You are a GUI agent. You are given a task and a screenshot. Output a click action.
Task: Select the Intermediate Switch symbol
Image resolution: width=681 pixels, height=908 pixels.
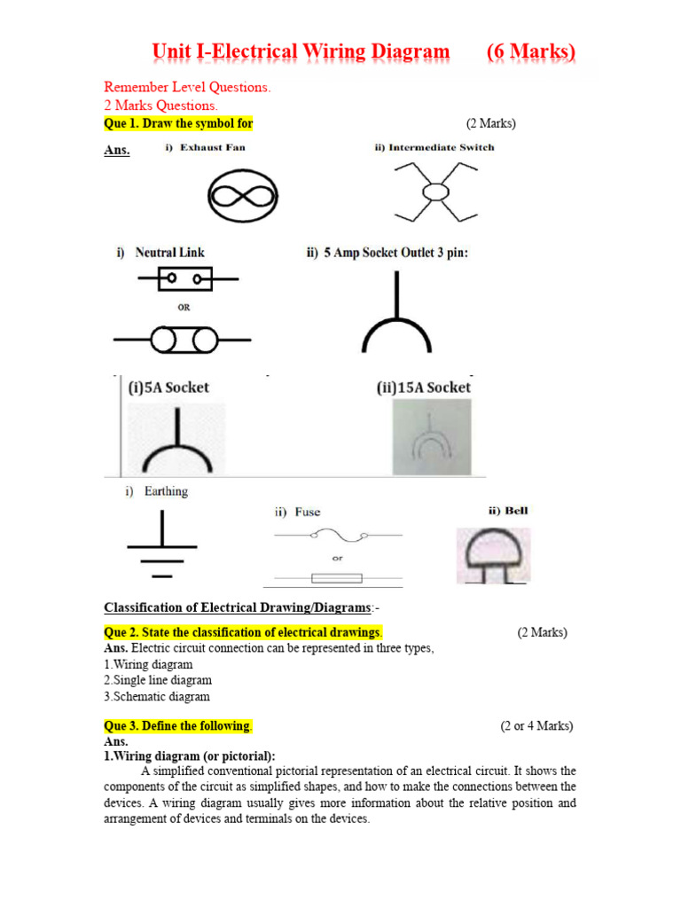(434, 192)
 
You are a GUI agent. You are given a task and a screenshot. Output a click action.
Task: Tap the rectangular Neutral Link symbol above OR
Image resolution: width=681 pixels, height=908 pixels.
(185, 280)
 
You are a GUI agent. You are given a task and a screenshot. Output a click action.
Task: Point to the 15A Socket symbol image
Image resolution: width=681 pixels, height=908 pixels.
(432, 436)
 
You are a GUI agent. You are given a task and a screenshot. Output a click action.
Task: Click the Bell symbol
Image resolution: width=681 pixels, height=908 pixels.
(493, 555)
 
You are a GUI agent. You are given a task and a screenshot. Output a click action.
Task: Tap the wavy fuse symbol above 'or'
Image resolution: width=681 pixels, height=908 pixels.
(337, 536)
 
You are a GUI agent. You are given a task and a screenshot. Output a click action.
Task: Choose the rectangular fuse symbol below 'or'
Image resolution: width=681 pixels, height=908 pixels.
(337, 578)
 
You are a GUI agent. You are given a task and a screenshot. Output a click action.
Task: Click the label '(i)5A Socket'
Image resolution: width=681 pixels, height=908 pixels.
(169, 387)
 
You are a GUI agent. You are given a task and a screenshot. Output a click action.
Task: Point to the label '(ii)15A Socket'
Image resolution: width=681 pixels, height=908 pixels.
(424, 387)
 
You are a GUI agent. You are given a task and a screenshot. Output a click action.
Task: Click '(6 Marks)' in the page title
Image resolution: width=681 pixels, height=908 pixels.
(531, 52)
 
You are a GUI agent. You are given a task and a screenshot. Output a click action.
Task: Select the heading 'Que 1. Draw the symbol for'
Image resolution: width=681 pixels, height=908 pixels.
(184, 123)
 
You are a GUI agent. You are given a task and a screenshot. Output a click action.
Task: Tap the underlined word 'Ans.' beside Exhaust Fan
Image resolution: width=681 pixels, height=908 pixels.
(117, 151)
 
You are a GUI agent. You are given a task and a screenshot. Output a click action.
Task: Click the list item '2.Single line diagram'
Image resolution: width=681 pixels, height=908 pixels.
(158, 680)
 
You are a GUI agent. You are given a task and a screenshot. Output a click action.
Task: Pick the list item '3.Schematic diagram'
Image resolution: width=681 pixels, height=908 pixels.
(157, 696)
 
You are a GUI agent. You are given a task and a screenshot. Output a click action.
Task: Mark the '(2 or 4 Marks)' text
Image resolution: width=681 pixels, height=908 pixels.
(536, 725)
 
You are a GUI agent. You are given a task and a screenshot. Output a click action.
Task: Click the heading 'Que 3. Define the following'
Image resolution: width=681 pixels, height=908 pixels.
(178, 725)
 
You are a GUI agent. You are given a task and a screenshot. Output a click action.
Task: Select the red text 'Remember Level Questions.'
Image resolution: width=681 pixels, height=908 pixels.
(187, 87)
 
